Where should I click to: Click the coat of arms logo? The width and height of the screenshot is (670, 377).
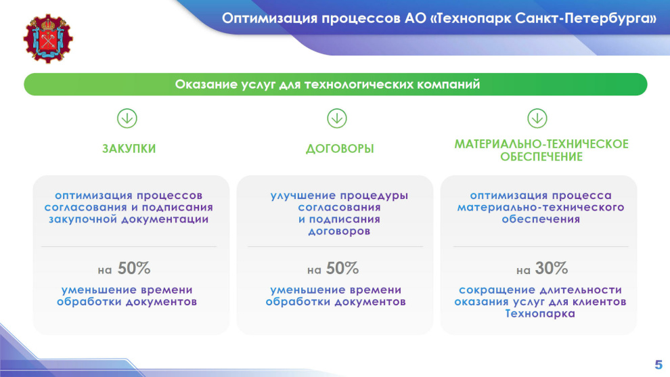pyautogui.click(x=48, y=39)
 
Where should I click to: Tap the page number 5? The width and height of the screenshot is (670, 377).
pyautogui.click(x=658, y=365)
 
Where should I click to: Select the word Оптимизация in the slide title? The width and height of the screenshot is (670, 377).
pyautogui.click(x=269, y=18)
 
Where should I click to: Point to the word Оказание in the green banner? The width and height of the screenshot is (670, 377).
pyautogui.click(x=206, y=84)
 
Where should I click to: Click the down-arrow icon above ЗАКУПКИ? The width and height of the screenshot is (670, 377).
pyautogui.click(x=127, y=118)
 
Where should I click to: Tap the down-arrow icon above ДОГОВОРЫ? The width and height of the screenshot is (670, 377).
pyautogui.click(x=337, y=118)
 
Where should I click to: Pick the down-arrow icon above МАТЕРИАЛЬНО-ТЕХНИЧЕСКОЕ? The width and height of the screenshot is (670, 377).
pyautogui.click(x=537, y=118)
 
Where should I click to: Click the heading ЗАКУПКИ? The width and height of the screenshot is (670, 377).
pyautogui.click(x=129, y=149)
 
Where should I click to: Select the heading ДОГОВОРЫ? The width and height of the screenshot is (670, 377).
pyautogui.click(x=340, y=149)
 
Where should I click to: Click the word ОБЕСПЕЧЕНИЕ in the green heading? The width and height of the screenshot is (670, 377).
pyautogui.click(x=541, y=157)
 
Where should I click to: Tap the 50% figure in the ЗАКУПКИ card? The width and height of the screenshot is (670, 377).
pyautogui.click(x=134, y=269)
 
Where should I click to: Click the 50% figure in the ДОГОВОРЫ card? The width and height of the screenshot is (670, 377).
pyautogui.click(x=342, y=269)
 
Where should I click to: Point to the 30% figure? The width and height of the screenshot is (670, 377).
pyautogui.click(x=551, y=269)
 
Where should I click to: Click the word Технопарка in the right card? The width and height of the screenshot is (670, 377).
pyautogui.click(x=540, y=314)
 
